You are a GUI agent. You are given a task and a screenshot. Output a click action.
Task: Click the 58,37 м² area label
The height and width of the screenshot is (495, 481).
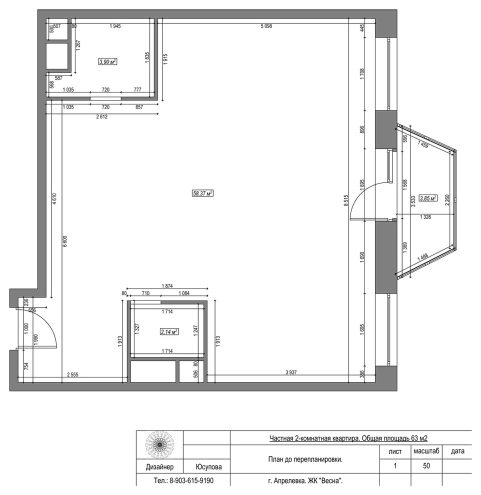click(202, 193)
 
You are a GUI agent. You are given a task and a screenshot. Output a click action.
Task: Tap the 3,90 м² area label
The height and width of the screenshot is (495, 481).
click(107, 61)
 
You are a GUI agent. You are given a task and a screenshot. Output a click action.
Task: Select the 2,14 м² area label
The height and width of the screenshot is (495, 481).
click(169, 331)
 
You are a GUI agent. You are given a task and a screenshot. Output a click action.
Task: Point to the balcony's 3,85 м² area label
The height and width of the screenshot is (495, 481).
click(428, 198)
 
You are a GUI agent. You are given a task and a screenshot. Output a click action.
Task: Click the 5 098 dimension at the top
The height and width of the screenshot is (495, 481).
click(266, 26)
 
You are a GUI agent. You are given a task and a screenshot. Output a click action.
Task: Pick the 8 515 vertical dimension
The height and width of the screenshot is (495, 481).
click(345, 201)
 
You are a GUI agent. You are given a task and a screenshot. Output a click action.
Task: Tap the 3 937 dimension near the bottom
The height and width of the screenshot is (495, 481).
click(290, 372)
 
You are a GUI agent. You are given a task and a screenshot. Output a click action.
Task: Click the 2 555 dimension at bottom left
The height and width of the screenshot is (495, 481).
click(72, 374)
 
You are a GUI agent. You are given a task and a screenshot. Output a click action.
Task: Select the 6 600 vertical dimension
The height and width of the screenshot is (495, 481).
click(64, 241)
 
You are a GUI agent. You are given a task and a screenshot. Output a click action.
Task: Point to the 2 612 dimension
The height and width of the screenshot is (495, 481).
click(101, 117)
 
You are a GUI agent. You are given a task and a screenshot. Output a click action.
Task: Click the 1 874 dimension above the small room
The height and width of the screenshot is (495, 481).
click(167, 286)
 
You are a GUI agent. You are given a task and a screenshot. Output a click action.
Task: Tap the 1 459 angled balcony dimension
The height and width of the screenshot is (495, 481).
click(422, 144)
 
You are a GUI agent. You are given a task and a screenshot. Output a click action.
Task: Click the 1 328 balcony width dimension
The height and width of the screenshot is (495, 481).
click(425, 217)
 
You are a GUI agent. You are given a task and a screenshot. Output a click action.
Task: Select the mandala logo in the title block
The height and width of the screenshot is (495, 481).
click(159, 445)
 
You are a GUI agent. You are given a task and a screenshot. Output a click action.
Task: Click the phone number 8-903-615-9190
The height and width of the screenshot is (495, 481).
click(191, 481)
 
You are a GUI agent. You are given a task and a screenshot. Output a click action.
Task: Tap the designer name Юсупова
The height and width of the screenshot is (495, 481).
click(208, 467)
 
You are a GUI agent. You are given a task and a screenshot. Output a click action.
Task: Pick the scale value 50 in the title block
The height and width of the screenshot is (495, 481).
click(426, 465)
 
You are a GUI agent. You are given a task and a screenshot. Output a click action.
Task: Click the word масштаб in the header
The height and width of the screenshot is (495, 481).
click(426, 451)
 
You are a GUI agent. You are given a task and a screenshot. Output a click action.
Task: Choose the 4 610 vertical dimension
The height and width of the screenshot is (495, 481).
click(54, 199)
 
